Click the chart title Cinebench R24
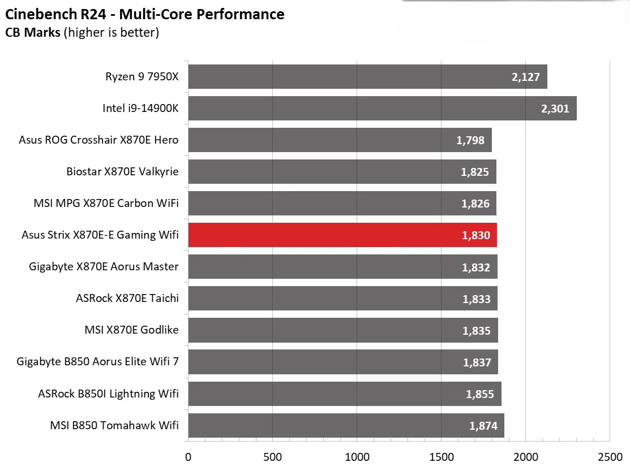coord(145,14)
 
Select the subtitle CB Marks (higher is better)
coord(82,33)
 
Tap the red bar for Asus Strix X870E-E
coord(342,235)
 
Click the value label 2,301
coord(555,109)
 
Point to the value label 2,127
coord(525,77)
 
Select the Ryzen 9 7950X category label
coord(142,76)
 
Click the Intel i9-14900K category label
coord(140,108)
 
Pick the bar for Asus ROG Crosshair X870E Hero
coord(340,140)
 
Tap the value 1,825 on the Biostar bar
coord(475,172)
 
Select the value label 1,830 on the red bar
coord(475,235)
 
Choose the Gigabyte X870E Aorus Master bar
coord(342,266)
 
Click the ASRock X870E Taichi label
coord(127,298)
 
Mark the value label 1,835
coord(477,330)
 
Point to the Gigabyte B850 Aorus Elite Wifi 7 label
coord(97,361)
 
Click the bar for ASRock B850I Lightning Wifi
coord(344,394)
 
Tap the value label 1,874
coord(483,426)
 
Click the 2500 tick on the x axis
coord(610,456)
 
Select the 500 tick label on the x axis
coord(272,456)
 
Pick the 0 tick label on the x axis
coord(188,456)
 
